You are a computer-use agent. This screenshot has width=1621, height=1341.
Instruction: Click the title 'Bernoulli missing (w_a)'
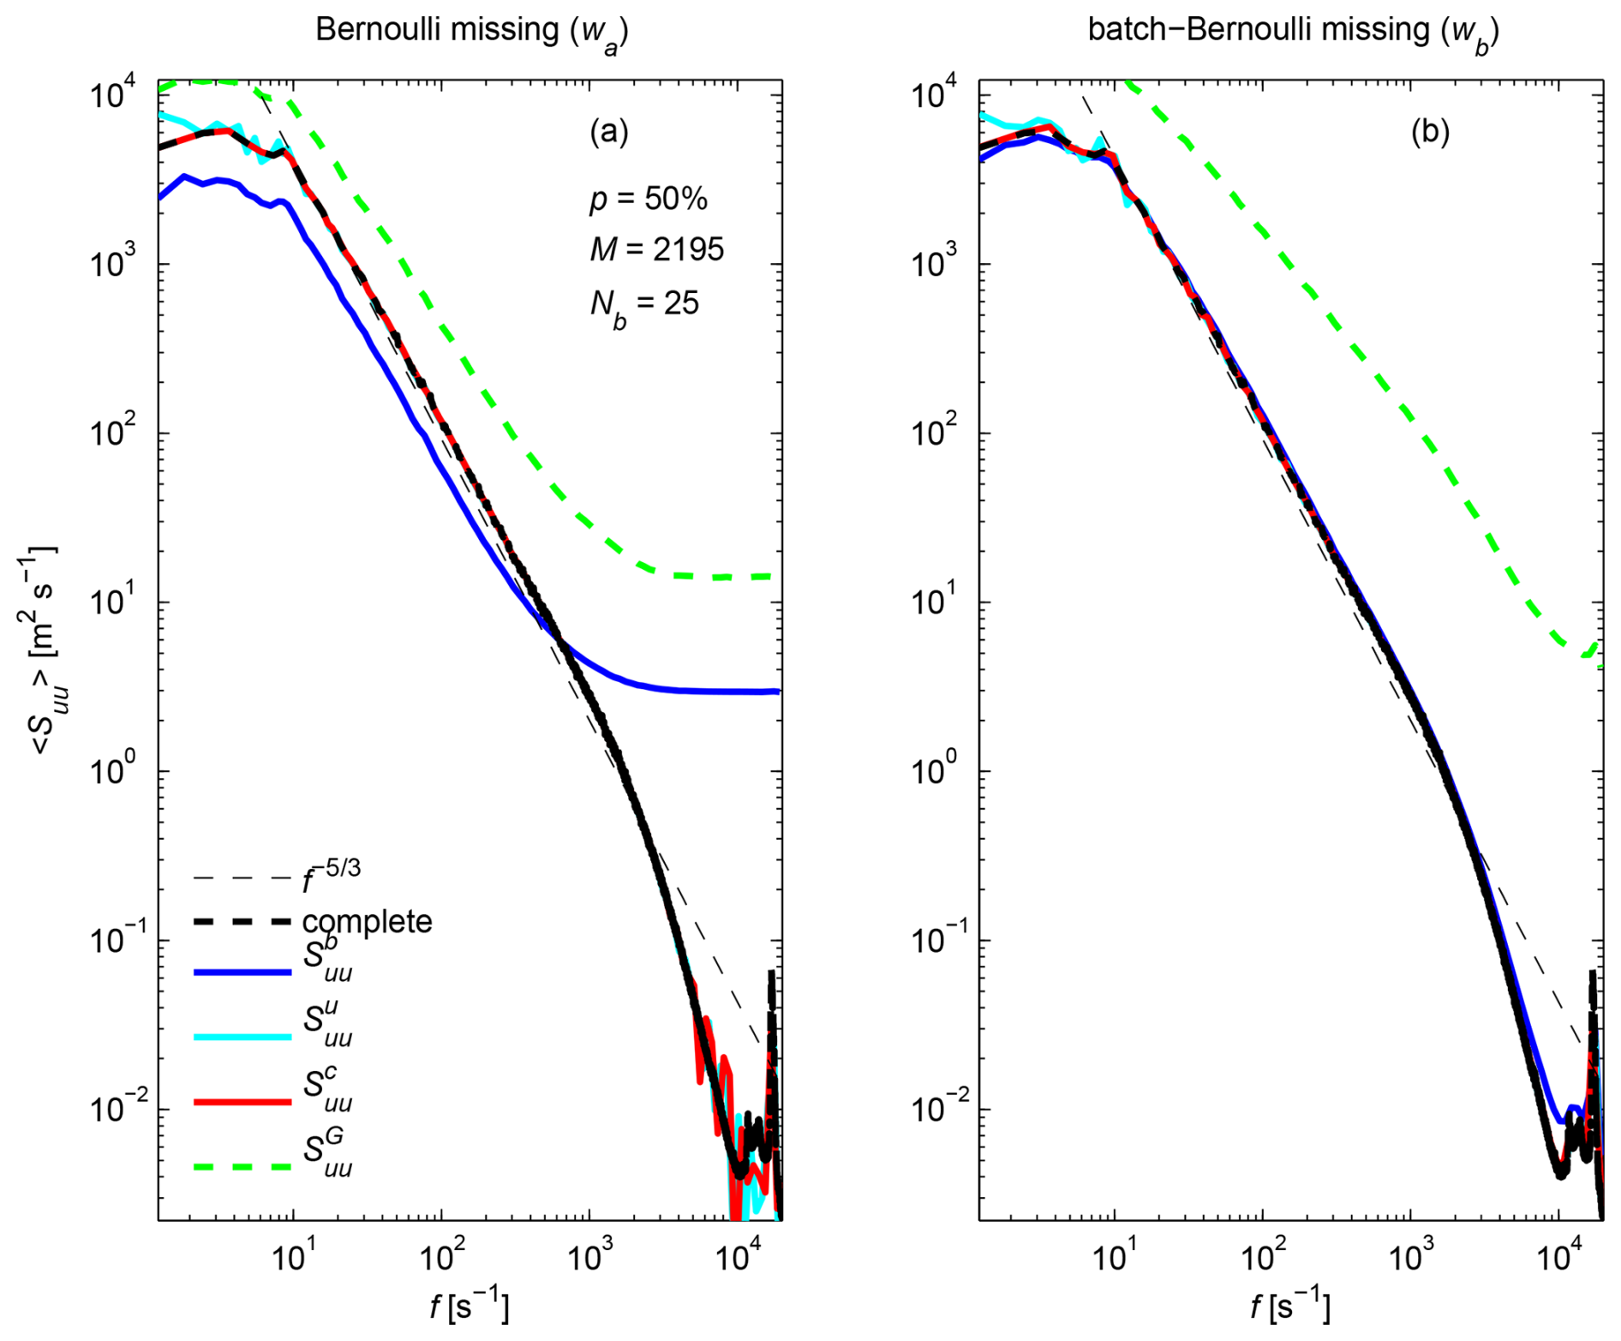[471, 31]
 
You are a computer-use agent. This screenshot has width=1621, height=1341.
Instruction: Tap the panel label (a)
[609, 132]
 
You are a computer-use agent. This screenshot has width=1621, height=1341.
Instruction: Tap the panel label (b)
[1430, 132]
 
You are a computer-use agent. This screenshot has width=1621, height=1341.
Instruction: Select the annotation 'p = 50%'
[649, 199]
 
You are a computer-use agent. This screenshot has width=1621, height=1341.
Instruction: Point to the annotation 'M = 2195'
[656, 249]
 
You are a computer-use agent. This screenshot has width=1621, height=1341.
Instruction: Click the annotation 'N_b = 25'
[644, 304]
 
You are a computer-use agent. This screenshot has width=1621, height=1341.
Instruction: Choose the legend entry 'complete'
[367, 922]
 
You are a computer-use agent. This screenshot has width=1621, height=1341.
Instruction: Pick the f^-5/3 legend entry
[331, 874]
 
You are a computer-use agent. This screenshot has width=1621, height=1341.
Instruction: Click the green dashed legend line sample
[242, 1167]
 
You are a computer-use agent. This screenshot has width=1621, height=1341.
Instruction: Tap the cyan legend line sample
[242, 1037]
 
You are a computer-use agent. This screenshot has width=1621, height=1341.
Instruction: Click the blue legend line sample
[242, 973]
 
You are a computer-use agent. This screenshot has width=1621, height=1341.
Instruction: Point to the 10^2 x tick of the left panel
[440, 1256]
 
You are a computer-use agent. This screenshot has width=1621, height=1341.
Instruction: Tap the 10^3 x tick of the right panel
[1409, 1256]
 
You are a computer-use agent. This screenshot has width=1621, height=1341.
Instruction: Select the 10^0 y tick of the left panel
[116, 771]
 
